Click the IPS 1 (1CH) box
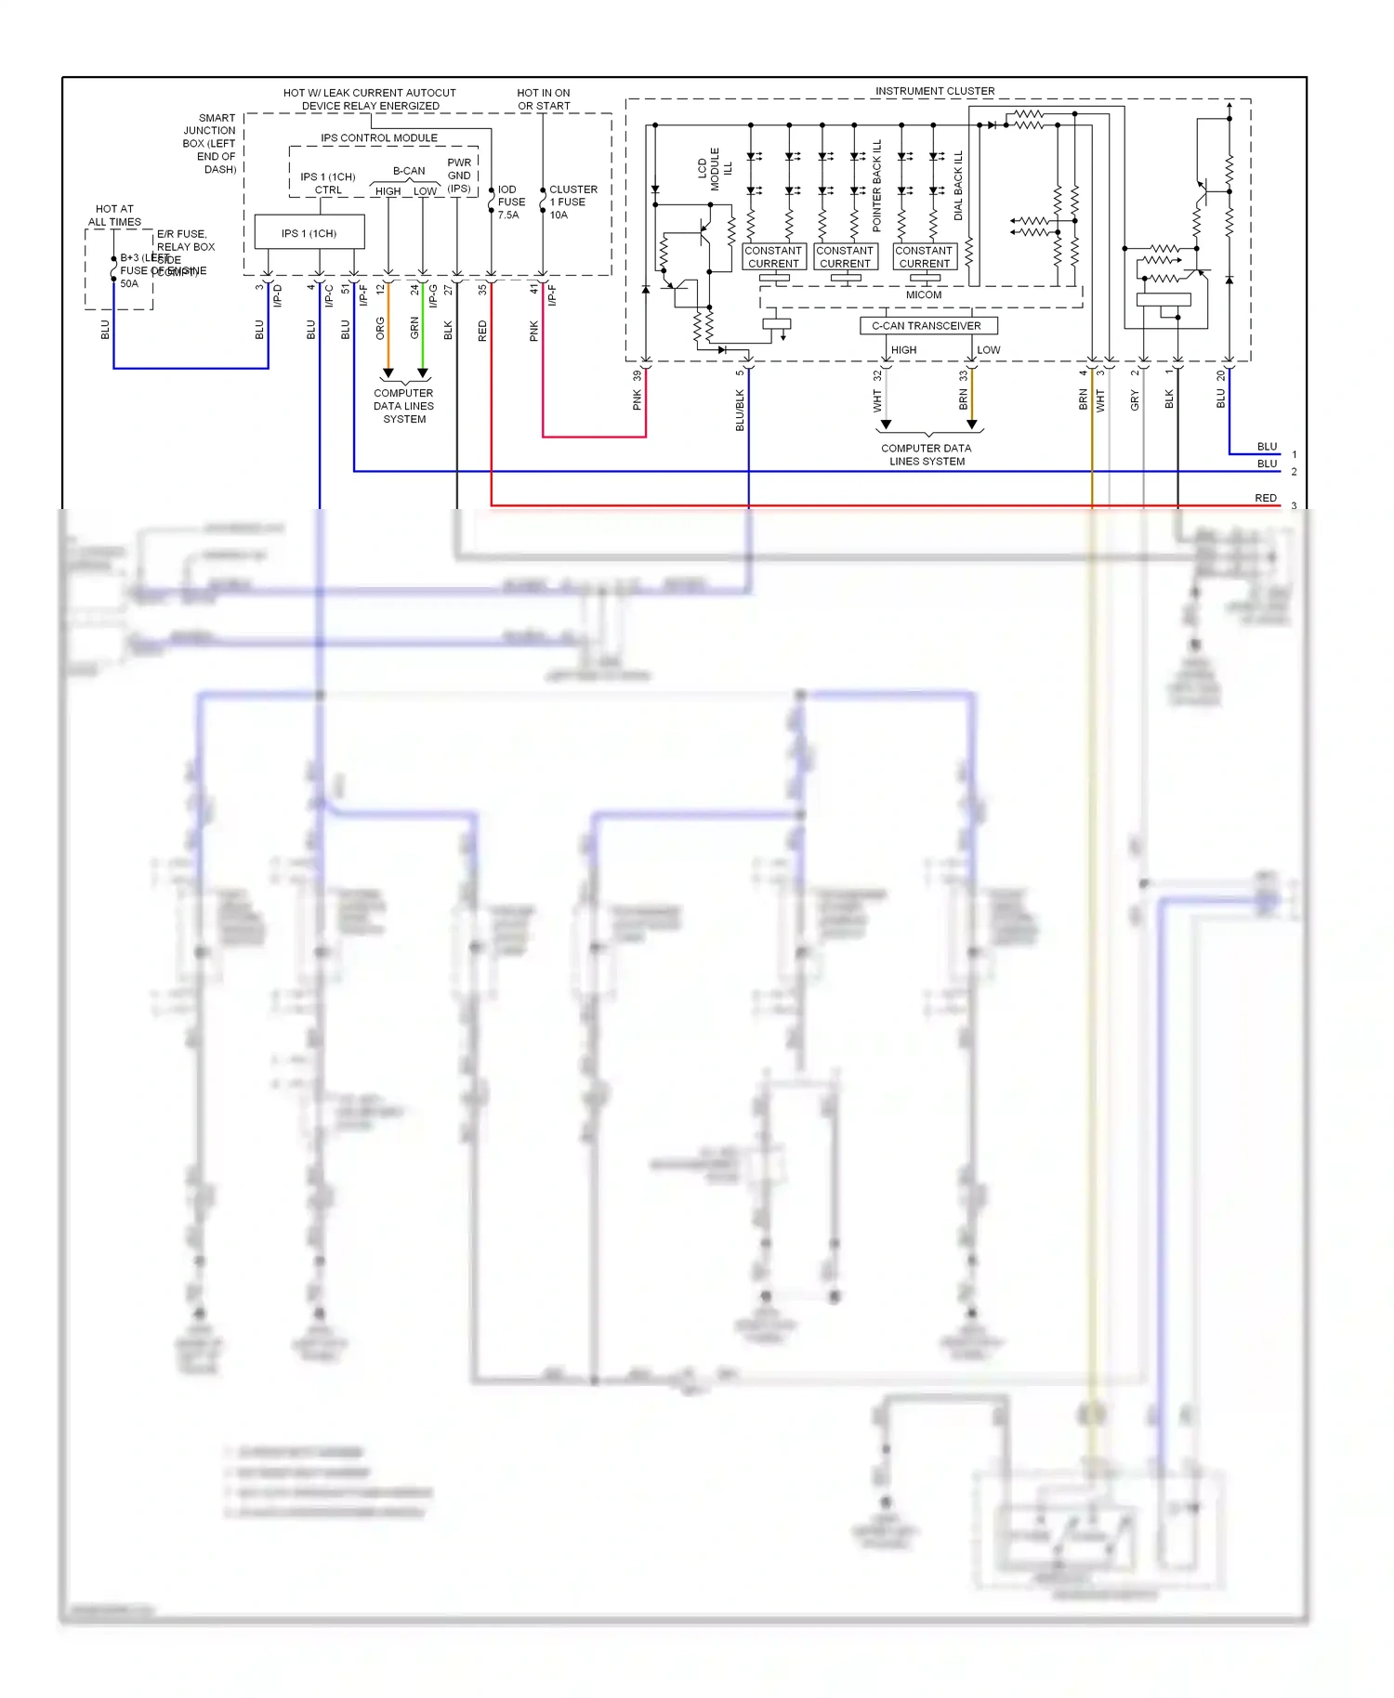[309, 232]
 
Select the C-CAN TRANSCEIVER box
[927, 325]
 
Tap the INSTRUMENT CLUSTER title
[934, 91]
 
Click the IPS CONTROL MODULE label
[379, 137]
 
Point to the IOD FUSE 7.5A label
[510, 202]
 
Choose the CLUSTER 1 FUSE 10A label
[572, 202]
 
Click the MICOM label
[924, 294]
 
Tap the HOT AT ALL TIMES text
[114, 216]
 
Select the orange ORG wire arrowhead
[388, 372]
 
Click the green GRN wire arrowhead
[423, 372]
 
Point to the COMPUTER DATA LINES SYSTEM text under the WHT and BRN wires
[927, 454]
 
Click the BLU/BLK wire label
[740, 410]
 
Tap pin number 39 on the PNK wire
[637, 376]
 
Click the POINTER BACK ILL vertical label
[876, 186]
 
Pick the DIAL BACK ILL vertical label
[958, 186]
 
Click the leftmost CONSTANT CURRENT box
[773, 256]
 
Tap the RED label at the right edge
[1266, 498]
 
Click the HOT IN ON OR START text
[544, 99]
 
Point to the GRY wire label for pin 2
[1135, 400]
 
